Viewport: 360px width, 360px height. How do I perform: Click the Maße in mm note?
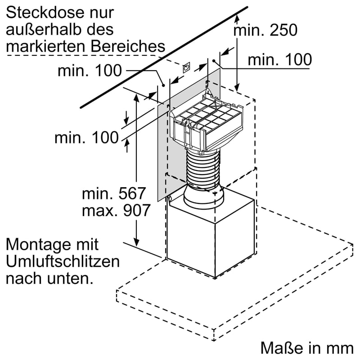[307, 347]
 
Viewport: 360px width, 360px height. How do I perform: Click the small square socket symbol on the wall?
[186, 68]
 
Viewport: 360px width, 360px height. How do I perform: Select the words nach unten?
[49, 278]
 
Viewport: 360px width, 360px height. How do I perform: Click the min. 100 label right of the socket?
[279, 59]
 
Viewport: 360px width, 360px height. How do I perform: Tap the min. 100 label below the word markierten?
[90, 71]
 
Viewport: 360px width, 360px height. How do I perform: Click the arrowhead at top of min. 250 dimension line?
[238, 18]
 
